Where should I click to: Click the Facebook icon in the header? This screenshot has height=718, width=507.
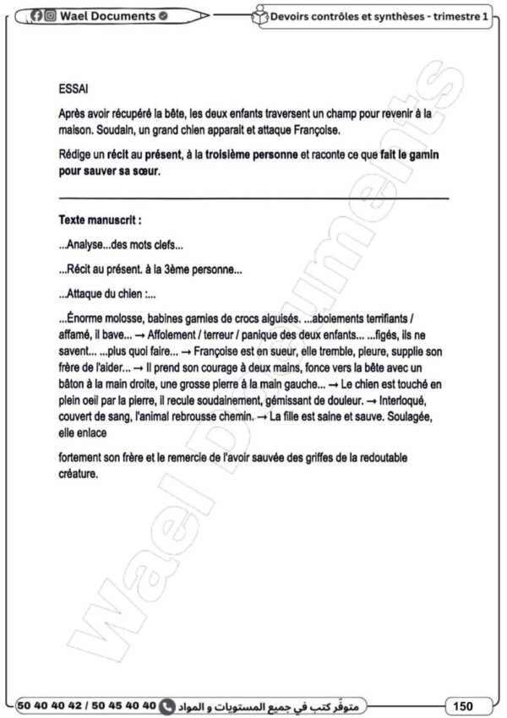coord(37,16)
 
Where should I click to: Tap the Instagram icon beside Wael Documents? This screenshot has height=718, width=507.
coord(50,16)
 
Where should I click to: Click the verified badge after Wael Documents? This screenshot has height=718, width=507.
coord(163,16)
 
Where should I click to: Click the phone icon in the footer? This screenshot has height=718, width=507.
coord(167,704)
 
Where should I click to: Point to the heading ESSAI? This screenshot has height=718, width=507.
coord(74,88)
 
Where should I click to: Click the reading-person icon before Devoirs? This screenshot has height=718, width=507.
coord(260,16)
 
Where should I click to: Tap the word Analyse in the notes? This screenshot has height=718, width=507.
coord(86,245)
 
